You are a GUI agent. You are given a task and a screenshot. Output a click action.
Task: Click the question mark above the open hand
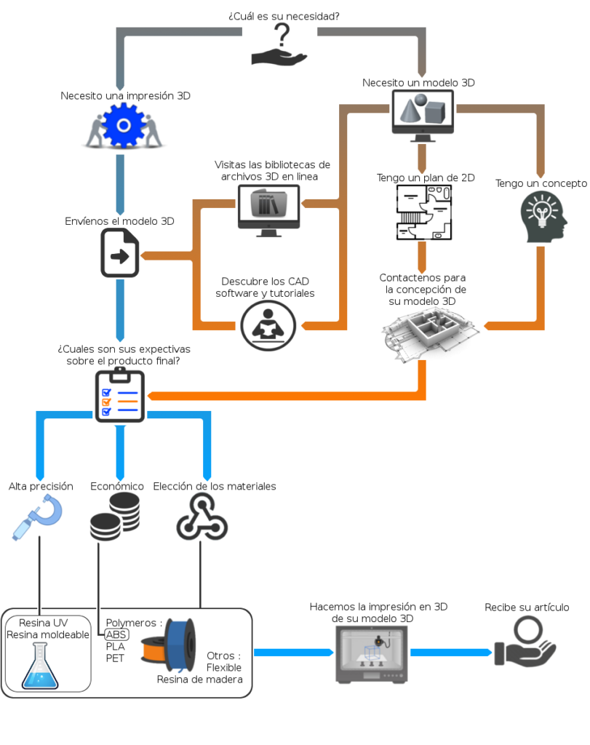click(x=282, y=35)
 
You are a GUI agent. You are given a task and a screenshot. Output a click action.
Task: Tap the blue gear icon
click(x=124, y=125)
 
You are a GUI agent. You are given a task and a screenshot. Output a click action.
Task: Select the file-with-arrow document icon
click(x=120, y=252)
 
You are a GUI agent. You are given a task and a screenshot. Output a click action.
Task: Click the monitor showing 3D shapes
click(x=422, y=116)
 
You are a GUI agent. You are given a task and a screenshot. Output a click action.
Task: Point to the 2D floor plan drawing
click(x=423, y=212)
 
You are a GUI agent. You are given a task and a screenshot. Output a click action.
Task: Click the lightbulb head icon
click(x=543, y=217)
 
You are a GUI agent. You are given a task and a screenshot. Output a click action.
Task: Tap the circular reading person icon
click(x=268, y=326)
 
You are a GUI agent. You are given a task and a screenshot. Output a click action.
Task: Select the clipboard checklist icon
click(x=120, y=395)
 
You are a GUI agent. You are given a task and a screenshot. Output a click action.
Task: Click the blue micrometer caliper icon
click(x=38, y=517)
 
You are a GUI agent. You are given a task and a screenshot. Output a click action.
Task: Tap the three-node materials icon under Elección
click(x=202, y=517)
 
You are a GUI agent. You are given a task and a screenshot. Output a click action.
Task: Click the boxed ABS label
click(x=116, y=634)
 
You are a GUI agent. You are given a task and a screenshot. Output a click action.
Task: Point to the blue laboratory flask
click(x=40, y=666)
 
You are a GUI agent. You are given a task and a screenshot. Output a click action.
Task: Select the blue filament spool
click(x=180, y=645)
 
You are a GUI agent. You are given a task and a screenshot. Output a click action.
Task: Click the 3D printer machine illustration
click(x=372, y=655)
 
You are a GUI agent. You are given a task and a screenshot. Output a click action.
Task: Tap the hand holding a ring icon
click(x=525, y=642)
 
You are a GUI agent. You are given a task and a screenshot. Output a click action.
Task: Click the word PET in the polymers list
click(x=115, y=658)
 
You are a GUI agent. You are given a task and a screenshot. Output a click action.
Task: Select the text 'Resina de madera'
click(x=200, y=680)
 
